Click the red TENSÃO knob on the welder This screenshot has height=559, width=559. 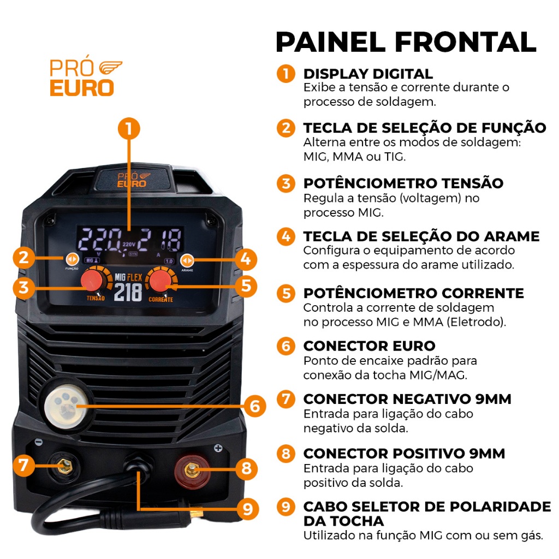(x=92, y=280)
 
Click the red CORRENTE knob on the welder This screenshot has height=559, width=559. (x=160, y=280)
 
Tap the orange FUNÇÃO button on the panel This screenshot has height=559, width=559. (x=72, y=259)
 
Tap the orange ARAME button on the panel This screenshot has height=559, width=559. (x=187, y=260)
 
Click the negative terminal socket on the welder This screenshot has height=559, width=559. (x=64, y=466)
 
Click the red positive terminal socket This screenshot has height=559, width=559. (x=192, y=471)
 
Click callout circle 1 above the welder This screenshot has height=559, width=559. (x=129, y=129)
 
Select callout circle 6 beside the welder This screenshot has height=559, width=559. (x=254, y=406)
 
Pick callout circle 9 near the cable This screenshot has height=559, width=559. (x=247, y=509)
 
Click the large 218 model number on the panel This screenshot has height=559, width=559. (x=128, y=293)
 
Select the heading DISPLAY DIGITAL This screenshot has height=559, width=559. (x=368, y=74)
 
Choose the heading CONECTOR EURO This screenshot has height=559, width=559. (x=370, y=346)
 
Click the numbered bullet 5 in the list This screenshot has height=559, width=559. (x=286, y=293)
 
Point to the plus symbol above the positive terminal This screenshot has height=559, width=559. (x=218, y=448)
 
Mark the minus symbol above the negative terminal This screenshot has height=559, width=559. (x=39, y=442)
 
